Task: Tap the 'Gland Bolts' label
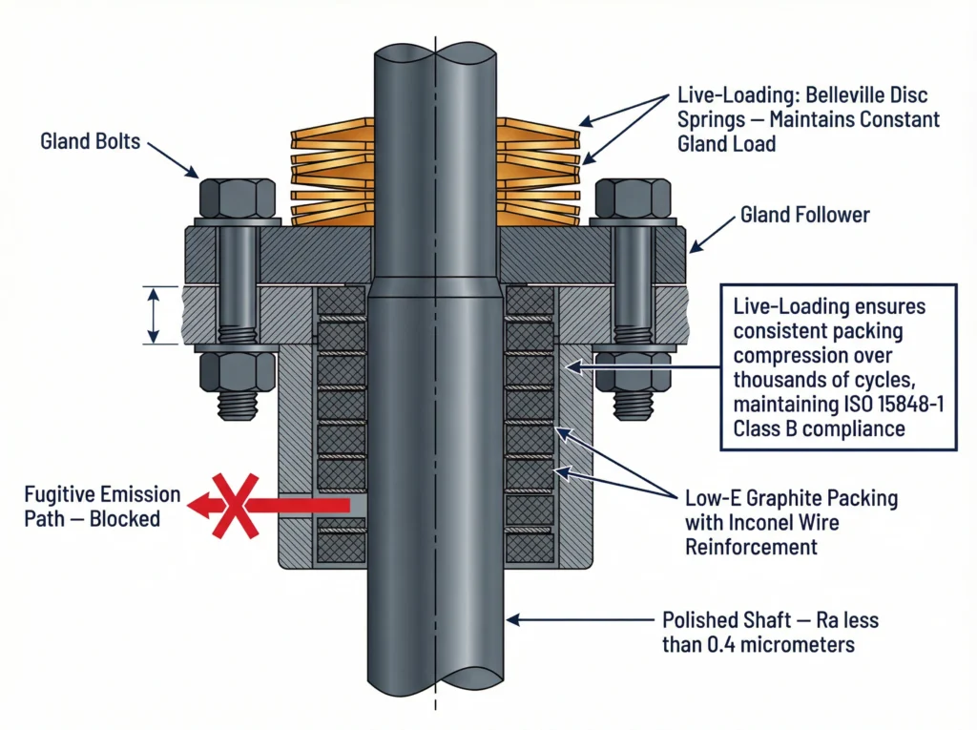coord(90,142)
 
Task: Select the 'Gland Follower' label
coord(805,215)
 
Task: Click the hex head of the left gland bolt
coord(225,198)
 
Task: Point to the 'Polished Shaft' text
coord(719,620)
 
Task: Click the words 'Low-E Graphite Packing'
coord(791,498)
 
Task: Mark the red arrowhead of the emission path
coord(197,506)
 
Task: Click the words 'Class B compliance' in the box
coord(819,428)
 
